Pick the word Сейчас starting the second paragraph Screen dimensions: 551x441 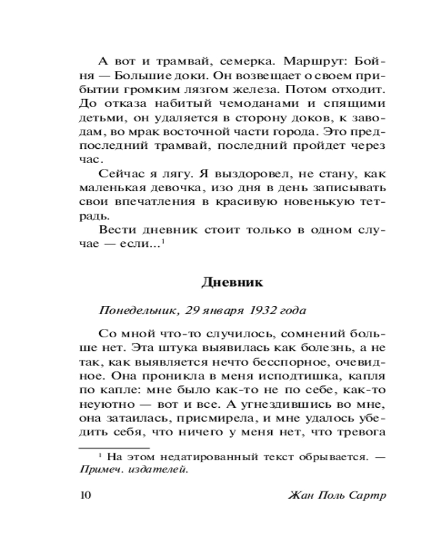[119, 175]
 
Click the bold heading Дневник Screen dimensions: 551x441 [232, 283]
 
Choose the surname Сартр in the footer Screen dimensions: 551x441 [367, 494]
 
